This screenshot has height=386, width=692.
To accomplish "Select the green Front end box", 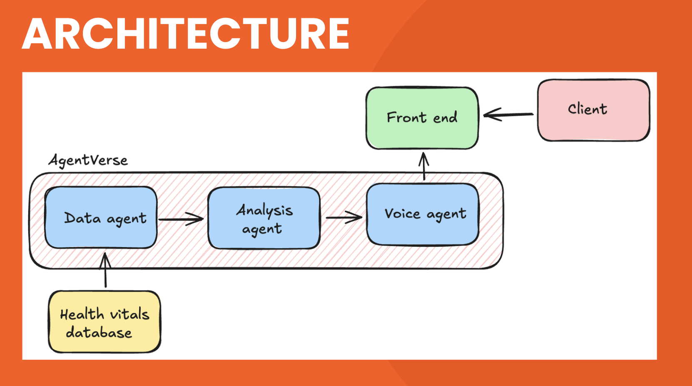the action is tap(422, 118).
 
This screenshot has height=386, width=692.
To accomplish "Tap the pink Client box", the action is tap(593, 110).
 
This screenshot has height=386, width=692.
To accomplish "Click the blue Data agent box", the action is tap(101, 217).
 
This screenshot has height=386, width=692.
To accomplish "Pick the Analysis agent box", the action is tap(264, 218).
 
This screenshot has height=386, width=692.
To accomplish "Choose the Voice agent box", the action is tap(423, 215).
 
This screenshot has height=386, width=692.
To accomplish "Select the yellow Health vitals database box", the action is tap(105, 322).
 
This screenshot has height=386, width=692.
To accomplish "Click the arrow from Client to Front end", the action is tap(508, 115).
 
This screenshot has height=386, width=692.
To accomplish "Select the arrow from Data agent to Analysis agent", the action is tap(181, 219).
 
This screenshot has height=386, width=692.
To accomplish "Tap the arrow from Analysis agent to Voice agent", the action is tap(344, 218).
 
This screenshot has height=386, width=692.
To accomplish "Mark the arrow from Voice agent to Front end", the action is tap(424, 166).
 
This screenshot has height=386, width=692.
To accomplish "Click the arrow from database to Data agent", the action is tap(105, 270).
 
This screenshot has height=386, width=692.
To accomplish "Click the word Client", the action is tap(587, 109).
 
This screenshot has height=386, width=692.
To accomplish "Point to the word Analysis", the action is tap(264, 210).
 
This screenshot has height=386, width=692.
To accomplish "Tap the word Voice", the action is tap(402, 213).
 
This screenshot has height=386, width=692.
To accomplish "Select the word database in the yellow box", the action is tap(99, 332).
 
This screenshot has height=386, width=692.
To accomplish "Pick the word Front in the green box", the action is tap(406, 118).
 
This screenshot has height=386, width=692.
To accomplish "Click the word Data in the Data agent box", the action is tap(82, 218).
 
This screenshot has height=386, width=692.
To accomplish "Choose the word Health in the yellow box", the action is tap(82, 314).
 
